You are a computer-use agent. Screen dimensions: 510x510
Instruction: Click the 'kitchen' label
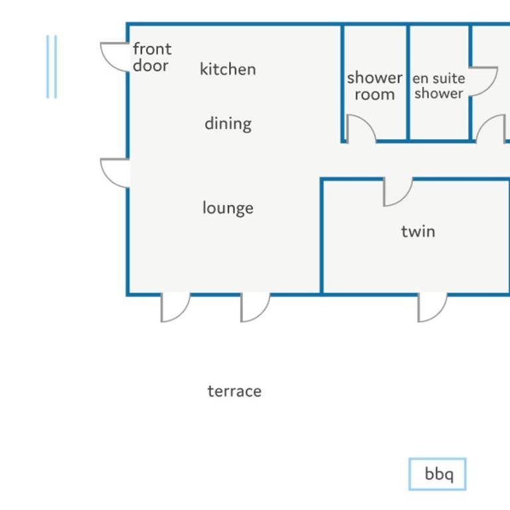(x=228, y=69)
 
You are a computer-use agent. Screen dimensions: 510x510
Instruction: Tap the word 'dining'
(x=228, y=124)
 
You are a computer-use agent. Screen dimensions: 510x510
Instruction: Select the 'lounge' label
(x=228, y=208)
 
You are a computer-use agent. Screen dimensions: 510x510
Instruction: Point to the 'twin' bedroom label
(x=418, y=231)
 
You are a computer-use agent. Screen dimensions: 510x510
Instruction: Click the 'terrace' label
(x=234, y=391)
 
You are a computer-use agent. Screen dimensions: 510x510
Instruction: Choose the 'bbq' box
(x=438, y=474)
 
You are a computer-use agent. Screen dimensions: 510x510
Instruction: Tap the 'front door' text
(x=152, y=57)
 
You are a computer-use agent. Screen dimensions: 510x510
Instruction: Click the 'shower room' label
(x=375, y=86)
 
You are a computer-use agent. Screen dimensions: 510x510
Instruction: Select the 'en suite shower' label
(x=439, y=86)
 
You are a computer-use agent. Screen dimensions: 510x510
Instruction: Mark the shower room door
(x=361, y=128)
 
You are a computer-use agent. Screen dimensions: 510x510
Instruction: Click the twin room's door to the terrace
(x=432, y=307)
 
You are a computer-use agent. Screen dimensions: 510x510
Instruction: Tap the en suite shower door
(x=483, y=82)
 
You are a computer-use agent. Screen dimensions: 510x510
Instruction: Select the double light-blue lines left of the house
(x=51, y=66)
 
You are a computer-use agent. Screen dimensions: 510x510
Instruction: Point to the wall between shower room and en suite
(x=408, y=83)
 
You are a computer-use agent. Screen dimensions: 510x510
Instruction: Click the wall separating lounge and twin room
(x=321, y=236)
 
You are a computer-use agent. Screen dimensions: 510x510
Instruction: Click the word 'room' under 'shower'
(x=375, y=95)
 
